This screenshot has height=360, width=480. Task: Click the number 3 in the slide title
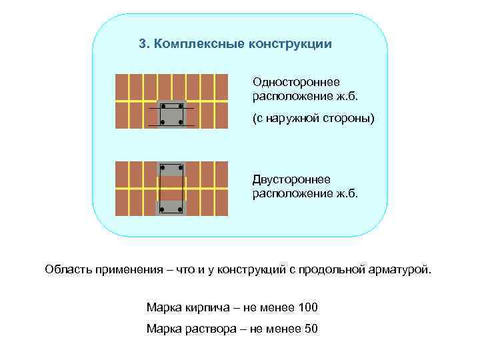click(142, 44)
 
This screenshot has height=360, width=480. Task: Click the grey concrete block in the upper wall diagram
click(172, 114)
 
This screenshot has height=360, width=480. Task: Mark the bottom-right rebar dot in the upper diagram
click(181, 123)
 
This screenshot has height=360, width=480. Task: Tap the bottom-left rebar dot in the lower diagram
click(163, 209)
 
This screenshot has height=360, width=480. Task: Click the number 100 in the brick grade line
click(309, 307)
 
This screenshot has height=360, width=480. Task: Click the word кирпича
click(201, 307)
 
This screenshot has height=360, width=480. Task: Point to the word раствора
click(203, 329)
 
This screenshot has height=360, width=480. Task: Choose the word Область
click(67, 270)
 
